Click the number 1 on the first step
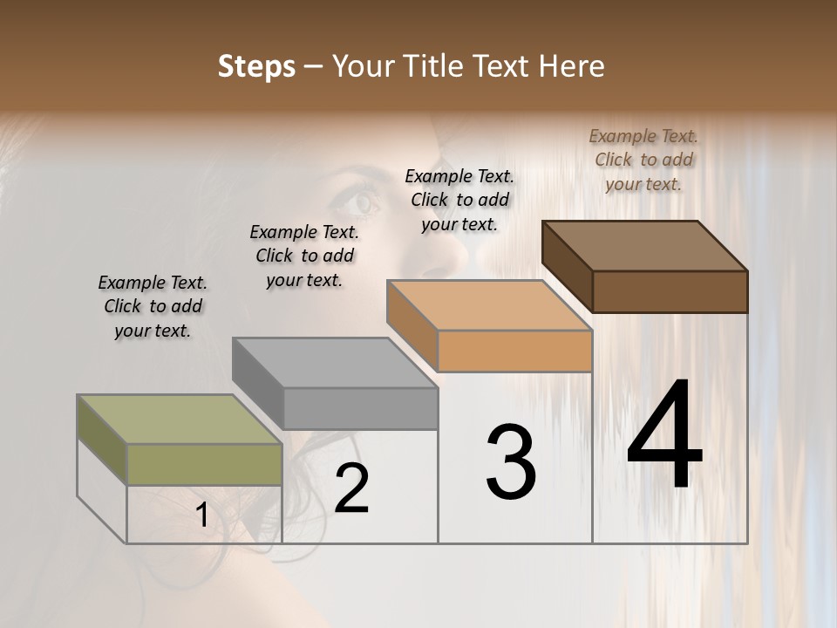point(202,515)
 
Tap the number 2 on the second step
point(351,488)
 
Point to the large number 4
point(664,436)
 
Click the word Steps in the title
point(256,66)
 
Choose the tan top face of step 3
point(489,305)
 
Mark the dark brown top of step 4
point(644,245)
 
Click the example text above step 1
point(153,306)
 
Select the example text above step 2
point(304,256)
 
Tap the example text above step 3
point(459,200)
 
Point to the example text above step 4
point(643,160)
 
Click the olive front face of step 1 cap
point(204,464)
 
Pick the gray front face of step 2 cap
point(360,408)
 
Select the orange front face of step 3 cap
point(514,352)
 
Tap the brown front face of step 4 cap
point(670,291)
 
